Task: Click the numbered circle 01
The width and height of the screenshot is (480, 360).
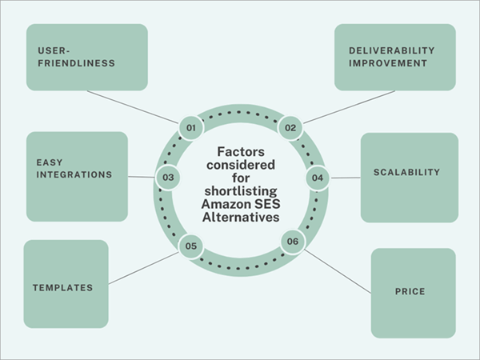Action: coord(190,127)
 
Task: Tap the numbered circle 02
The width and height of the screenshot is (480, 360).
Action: coord(290,127)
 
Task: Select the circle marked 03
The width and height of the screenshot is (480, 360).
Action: coord(167,177)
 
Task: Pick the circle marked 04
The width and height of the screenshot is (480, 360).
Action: coord(317,177)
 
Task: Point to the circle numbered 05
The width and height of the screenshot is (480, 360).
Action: coord(190,246)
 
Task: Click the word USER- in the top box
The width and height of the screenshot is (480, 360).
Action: coord(53,50)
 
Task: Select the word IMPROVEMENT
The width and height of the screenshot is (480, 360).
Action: coord(387,62)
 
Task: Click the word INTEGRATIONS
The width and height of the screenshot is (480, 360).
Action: coord(74,174)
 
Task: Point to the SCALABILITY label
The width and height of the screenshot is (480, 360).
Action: coord(406,172)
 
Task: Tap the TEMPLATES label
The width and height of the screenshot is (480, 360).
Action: coord(62,287)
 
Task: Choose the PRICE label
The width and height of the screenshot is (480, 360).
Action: coord(410,291)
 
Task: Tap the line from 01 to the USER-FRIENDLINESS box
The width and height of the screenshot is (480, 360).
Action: coord(132,106)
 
